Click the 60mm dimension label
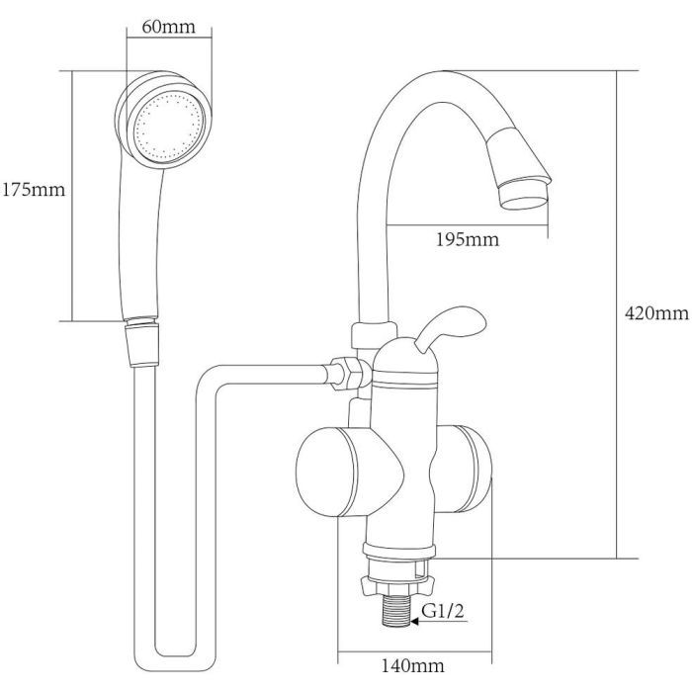(x=168, y=27)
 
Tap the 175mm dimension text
(x=34, y=190)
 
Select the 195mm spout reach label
(x=468, y=239)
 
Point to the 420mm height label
(x=656, y=313)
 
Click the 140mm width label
(x=412, y=665)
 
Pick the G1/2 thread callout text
(x=443, y=611)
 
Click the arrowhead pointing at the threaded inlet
(x=415, y=622)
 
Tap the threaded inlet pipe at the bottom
(x=396, y=610)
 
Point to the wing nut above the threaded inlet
(x=396, y=584)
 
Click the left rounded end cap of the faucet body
(x=325, y=472)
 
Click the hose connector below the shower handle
(x=141, y=342)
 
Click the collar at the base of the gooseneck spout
(x=374, y=335)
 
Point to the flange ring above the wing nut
(x=399, y=550)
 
